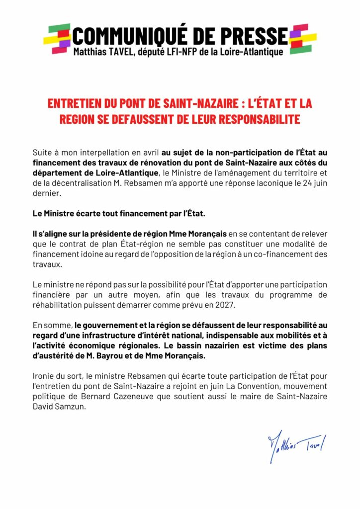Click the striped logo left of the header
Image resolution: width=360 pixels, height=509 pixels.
pos(57,39)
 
